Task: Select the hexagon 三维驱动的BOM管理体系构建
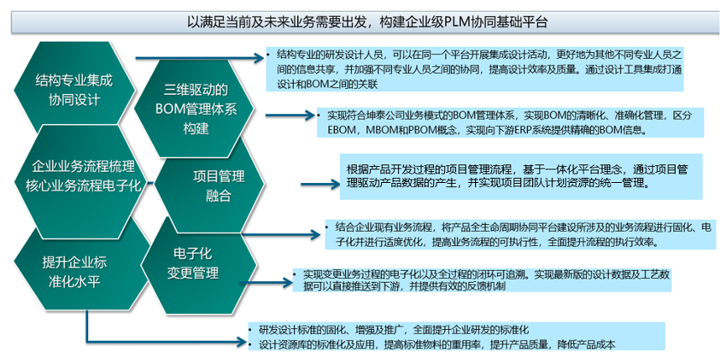click(194, 109)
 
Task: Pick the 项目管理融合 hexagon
click(211, 185)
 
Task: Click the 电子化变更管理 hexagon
click(198, 265)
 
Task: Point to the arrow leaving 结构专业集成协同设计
click(199, 58)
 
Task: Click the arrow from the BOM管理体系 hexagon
click(290, 115)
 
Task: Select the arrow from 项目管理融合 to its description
click(321, 185)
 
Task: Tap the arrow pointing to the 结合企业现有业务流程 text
click(281, 234)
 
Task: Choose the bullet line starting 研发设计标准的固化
click(394, 331)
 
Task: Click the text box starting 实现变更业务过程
click(482, 280)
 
